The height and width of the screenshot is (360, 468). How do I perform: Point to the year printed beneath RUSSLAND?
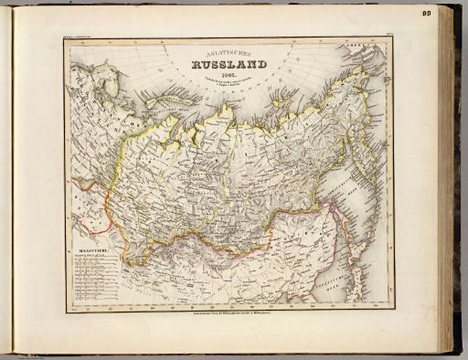pos(224,75)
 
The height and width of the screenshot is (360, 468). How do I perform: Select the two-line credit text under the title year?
pos(224,83)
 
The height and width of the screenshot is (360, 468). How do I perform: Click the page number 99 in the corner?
pos(452,14)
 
